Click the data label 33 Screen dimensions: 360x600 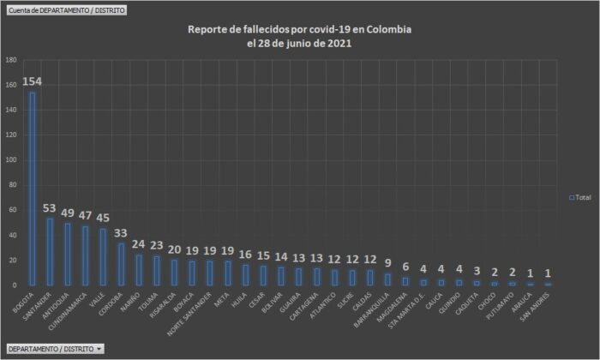click(x=121, y=234)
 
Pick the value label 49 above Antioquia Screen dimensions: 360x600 click(x=68, y=213)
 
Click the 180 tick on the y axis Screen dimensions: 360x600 click(x=11, y=61)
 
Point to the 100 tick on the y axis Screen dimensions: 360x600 click(x=11, y=160)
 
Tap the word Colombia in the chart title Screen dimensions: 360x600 click(x=390, y=29)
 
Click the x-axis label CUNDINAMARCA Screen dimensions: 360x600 click(x=70, y=311)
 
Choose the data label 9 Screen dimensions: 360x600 click(x=388, y=263)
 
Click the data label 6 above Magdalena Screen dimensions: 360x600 click(x=405, y=267)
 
